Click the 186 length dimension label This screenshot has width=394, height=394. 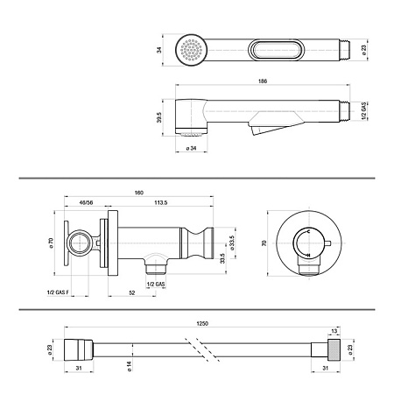click(x=263, y=81)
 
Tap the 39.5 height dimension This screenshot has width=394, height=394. click(x=159, y=117)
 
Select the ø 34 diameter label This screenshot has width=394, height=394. click(x=191, y=148)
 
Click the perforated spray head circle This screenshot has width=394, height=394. click(x=192, y=50)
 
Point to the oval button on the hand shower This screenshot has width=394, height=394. click(x=275, y=50)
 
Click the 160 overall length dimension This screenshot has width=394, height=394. click(x=139, y=193)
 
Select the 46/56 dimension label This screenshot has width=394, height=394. click(x=86, y=202)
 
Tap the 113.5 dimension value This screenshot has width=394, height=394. click(x=161, y=202)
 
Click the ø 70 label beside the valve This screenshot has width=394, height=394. click(x=52, y=243)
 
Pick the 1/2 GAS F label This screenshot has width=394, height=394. click(x=58, y=292)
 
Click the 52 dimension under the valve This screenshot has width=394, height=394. click(x=132, y=292)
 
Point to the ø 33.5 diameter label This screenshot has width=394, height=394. click(x=232, y=243)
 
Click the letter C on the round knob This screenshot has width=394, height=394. click(x=308, y=231)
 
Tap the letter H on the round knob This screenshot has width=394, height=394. click(x=308, y=256)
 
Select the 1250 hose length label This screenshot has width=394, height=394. click(x=202, y=323)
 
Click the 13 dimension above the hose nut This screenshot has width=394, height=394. click(x=334, y=331)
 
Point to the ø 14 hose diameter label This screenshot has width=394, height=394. click(x=130, y=366)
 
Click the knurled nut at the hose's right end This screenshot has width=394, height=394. click(x=334, y=350)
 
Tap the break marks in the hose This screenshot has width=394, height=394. click(x=202, y=350)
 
